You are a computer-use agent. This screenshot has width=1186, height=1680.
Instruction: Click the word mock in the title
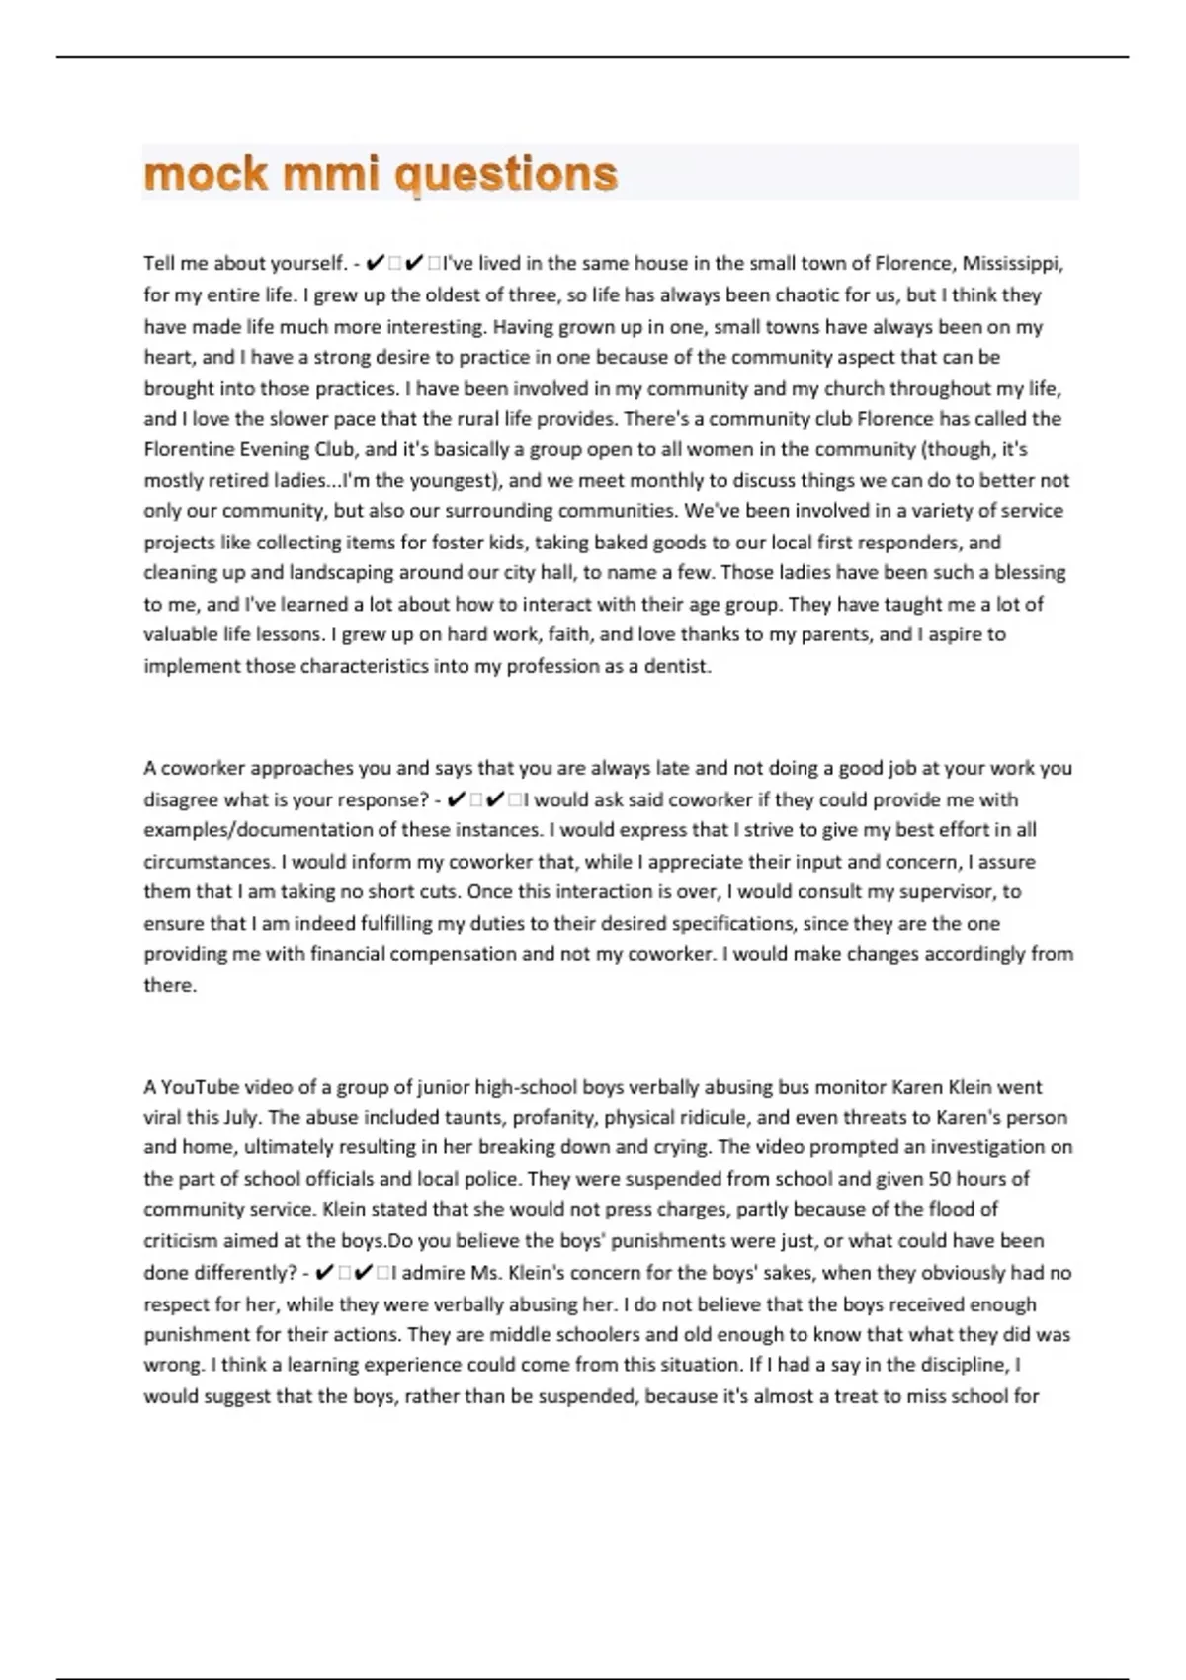pos(206,174)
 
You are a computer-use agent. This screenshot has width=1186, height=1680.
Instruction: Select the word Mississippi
pos(1013,264)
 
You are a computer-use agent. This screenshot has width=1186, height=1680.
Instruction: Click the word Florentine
pos(192,449)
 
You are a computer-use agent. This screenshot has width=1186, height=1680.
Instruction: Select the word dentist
pos(677,666)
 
